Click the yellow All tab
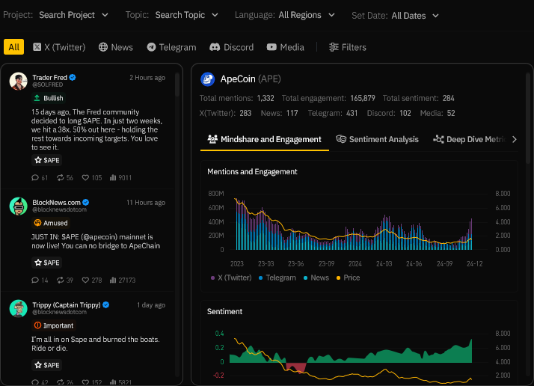click(13, 47)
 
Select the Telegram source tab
click(171, 47)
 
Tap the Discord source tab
click(232, 47)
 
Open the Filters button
click(348, 47)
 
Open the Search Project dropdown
click(73, 15)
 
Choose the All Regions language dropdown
click(304, 15)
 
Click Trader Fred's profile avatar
click(19, 81)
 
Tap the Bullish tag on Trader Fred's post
click(49, 98)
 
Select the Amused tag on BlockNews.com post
click(51, 223)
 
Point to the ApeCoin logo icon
click(208, 79)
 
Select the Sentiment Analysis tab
click(378, 139)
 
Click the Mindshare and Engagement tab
click(265, 139)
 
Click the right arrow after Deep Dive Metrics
click(514, 139)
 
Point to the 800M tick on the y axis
click(217, 193)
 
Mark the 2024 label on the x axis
click(355, 263)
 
